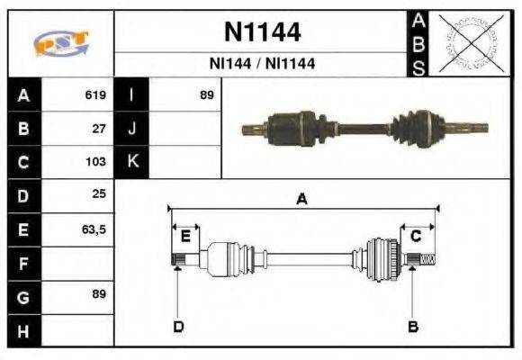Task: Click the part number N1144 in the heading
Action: click(262, 33)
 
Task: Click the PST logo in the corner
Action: click(60, 42)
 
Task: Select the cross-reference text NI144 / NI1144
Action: click(262, 65)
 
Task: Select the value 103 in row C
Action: click(96, 162)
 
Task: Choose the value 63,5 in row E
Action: click(94, 229)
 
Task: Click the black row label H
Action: click(24, 331)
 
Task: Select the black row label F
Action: click(24, 264)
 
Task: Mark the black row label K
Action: click(132, 162)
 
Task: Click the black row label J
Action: click(132, 128)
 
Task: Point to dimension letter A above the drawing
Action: click(302, 200)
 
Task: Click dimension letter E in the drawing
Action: click(185, 237)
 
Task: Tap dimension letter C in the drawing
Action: click(416, 237)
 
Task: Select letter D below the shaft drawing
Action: click(178, 326)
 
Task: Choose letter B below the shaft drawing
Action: click(413, 326)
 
